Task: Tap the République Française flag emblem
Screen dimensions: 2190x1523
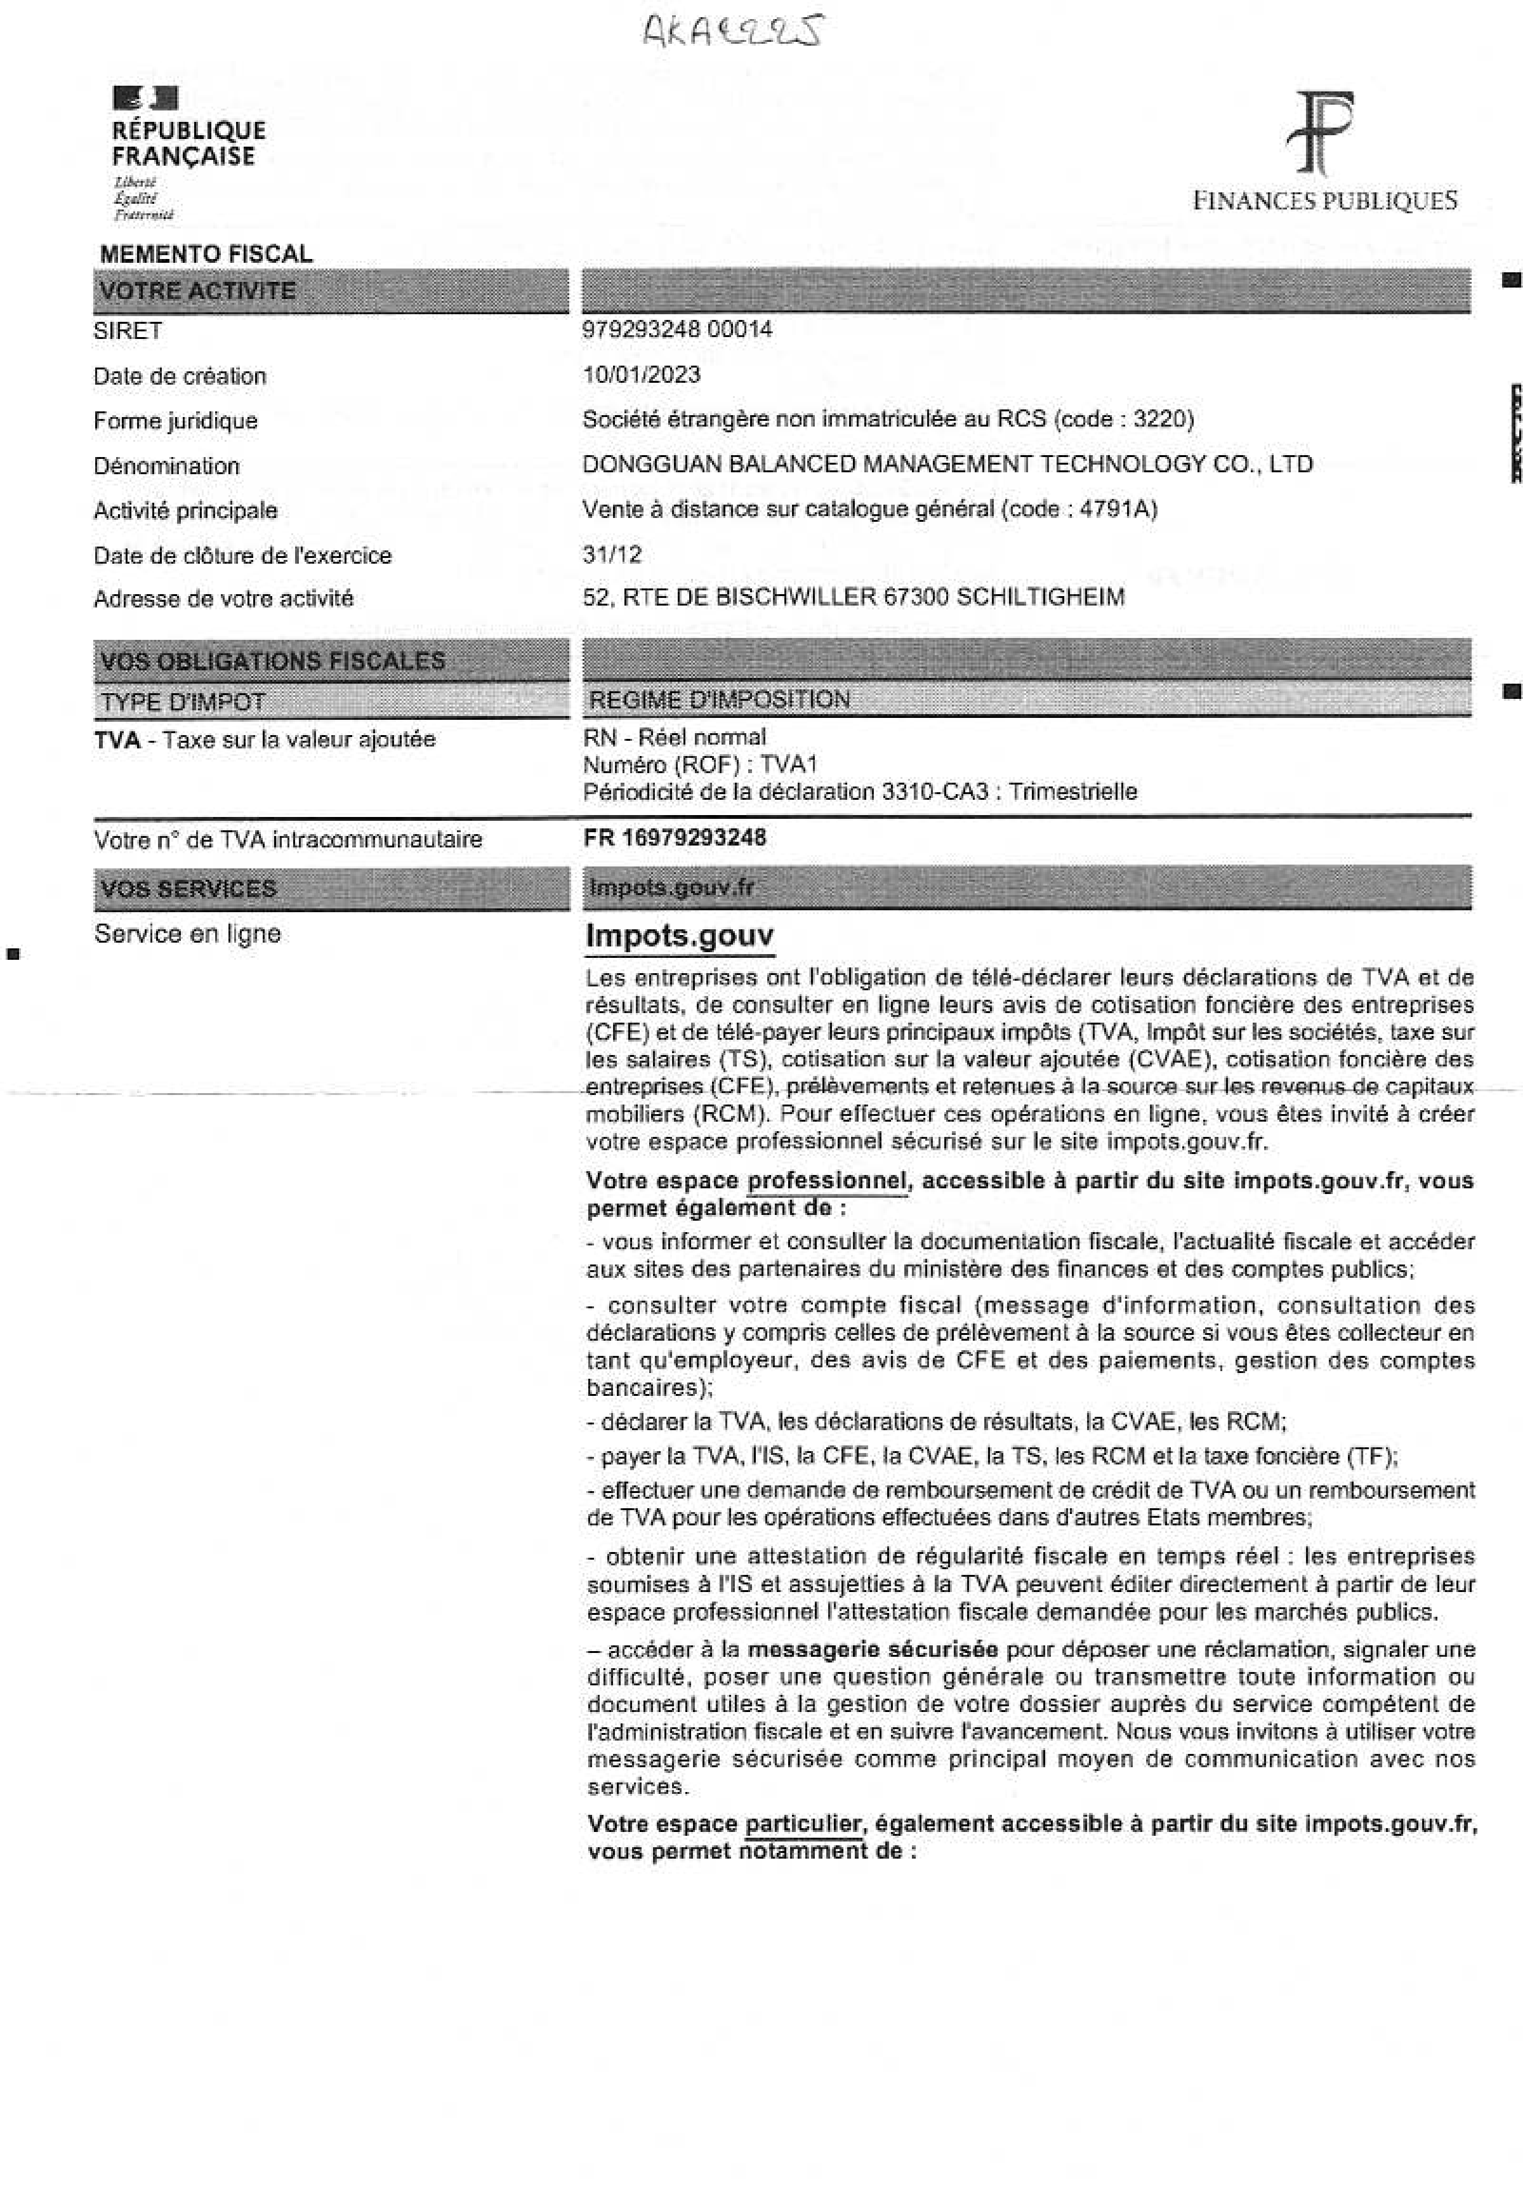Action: pos(145,97)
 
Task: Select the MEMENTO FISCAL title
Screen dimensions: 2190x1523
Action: pos(206,254)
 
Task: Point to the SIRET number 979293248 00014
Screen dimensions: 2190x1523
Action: pos(677,330)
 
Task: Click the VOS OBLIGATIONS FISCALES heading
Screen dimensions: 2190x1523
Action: pos(273,661)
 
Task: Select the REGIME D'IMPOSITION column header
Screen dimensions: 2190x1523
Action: pos(719,700)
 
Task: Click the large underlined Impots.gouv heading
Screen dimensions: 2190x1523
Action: pos(679,936)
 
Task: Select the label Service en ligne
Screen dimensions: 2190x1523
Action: pos(187,934)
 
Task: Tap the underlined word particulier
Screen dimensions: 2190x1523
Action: pos(803,1824)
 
